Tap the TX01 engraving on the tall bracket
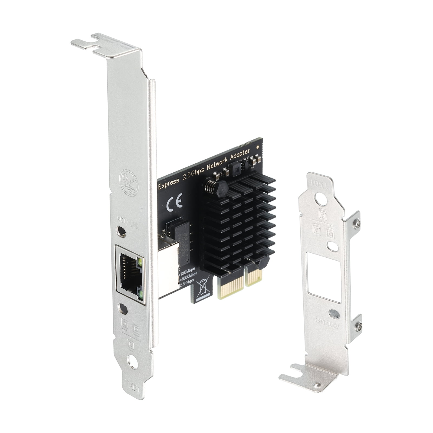133,390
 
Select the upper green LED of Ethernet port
140,262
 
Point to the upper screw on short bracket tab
357,223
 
